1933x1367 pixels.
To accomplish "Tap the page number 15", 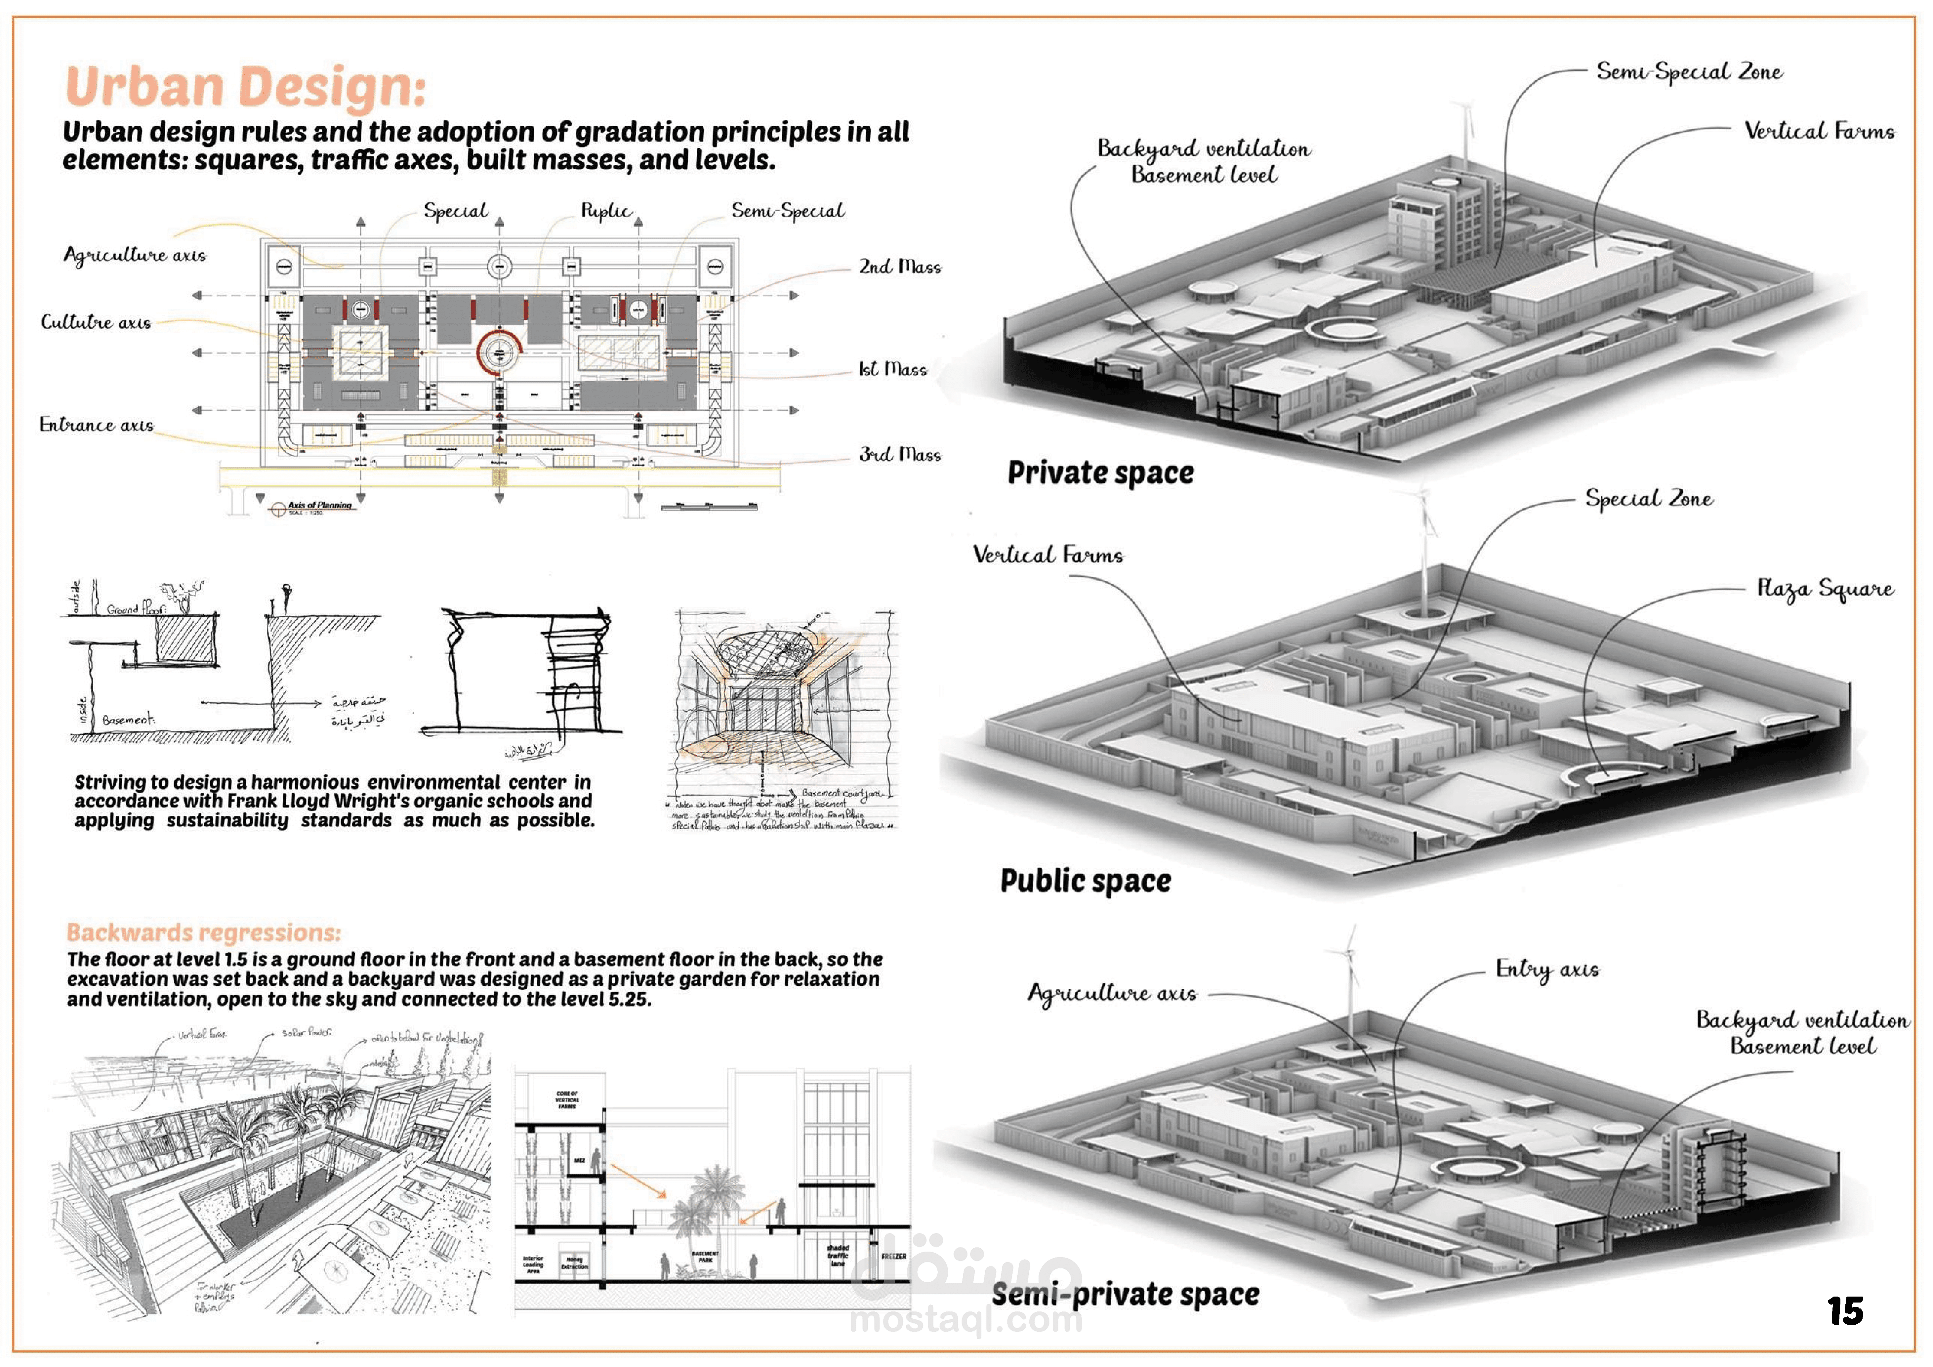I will click(x=1845, y=1310).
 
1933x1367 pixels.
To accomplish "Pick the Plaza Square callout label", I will click(x=1825, y=588).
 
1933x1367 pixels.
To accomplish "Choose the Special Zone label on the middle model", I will click(x=1648, y=499).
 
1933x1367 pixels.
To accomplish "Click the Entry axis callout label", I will click(x=1546, y=969).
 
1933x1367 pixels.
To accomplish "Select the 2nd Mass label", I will click(x=899, y=267).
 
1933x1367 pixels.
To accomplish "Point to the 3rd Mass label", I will click(x=899, y=455).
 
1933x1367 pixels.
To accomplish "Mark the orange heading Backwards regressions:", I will click(x=204, y=932).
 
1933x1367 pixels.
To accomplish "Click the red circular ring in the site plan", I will click(x=499, y=353).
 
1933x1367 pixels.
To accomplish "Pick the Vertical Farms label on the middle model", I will click(x=1047, y=555).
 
